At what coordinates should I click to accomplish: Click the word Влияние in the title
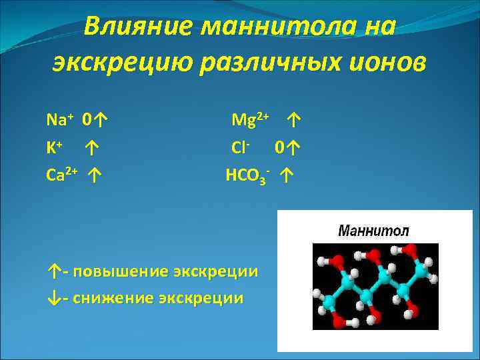point(138,27)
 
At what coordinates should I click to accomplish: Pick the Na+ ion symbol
point(59,120)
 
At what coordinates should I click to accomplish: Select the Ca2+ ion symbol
point(62,175)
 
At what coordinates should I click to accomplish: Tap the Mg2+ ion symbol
point(249,120)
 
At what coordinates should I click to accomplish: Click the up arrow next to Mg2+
point(294,121)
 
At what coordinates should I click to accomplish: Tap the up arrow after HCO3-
point(287,177)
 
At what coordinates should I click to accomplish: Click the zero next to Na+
point(87,121)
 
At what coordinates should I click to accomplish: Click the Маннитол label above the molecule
point(373,231)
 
